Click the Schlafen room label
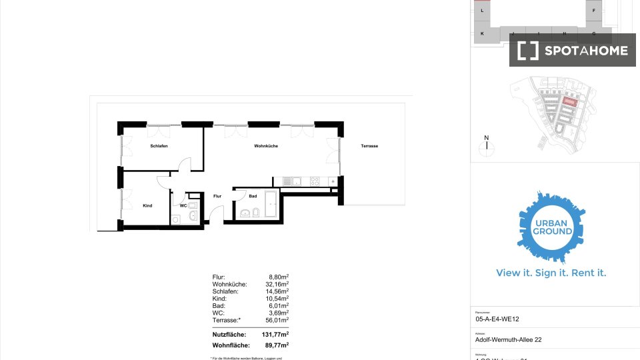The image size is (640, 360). point(159,146)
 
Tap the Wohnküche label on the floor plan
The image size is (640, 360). point(266,146)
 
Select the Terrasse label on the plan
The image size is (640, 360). point(369,146)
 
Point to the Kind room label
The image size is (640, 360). point(147,205)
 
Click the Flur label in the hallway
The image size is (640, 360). point(217,197)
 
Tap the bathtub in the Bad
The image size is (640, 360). point(271,203)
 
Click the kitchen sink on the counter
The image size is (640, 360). point(291,181)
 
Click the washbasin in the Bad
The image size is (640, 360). point(245,213)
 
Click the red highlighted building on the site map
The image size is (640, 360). point(568,101)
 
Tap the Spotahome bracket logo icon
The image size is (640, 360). point(528,50)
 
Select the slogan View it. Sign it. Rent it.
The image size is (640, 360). point(551,273)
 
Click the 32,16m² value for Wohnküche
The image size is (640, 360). point(277,284)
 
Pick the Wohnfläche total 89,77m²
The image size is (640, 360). point(277,345)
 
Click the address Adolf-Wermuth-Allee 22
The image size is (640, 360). point(508,339)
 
